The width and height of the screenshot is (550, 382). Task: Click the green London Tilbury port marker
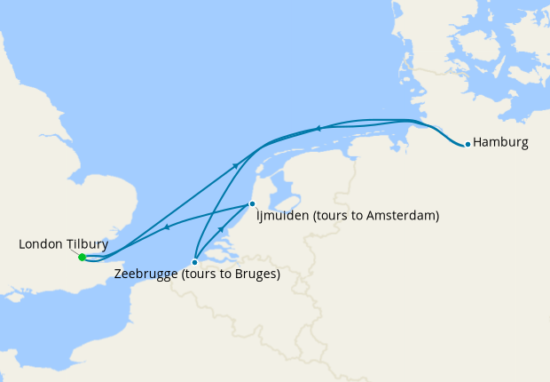[x=82, y=258]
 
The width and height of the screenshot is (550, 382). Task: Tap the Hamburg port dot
[x=467, y=144]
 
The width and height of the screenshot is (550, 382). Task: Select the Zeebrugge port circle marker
[x=194, y=262]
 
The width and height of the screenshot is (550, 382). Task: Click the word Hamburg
[x=501, y=142]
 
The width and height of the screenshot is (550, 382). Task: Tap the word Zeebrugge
[x=146, y=275]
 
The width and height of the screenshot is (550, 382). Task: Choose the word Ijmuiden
[x=283, y=216]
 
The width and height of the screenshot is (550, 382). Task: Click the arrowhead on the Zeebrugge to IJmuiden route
[x=221, y=230]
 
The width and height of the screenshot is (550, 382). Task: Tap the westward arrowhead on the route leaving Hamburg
[x=317, y=129]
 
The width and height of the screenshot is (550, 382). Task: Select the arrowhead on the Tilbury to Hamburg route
[x=235, y=165]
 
